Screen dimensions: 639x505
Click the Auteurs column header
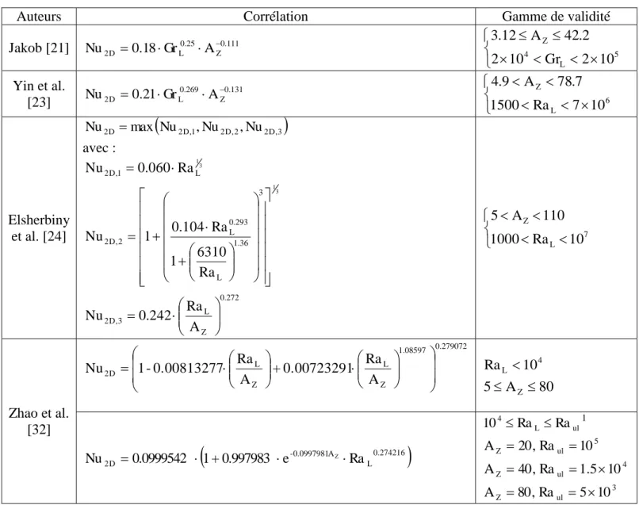point(39,17)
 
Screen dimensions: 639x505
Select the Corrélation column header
point(275,17)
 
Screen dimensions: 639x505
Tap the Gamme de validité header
point(556,17)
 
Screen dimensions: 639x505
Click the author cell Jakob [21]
point(39,48)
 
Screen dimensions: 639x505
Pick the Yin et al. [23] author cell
point(39,94)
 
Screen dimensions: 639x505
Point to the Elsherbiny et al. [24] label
point(39,228)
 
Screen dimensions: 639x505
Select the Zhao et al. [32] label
point(39,421)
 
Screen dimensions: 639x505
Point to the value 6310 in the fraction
point(212,252)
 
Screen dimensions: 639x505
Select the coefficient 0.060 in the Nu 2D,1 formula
point(153,168)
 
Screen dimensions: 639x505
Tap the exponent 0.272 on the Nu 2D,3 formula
point(229,297)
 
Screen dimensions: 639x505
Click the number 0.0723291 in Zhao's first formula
point(316,368)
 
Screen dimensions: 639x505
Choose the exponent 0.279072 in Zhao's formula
point(451,346)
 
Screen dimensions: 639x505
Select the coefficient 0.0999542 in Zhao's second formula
point(159,458)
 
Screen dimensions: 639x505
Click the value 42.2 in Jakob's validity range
point(576,36)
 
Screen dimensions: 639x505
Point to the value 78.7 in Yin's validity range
point(569,82)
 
